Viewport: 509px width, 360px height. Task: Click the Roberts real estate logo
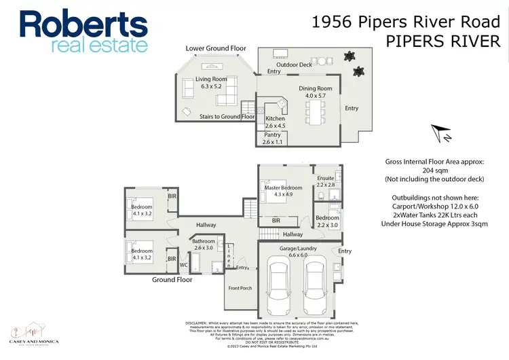tap(83, 31)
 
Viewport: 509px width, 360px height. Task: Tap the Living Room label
tap(210, 83)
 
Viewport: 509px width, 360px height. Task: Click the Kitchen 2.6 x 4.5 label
tap(275, 122)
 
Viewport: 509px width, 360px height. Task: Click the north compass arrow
tap(442, 132)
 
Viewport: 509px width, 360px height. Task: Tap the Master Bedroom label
tap(283, 191)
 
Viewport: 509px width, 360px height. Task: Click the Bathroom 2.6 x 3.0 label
tap(203, 245)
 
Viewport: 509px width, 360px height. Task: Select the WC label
tap(184, 266)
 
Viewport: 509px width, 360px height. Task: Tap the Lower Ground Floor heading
tap(216, 49)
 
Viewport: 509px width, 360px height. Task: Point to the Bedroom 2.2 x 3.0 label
tap(327, 221)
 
